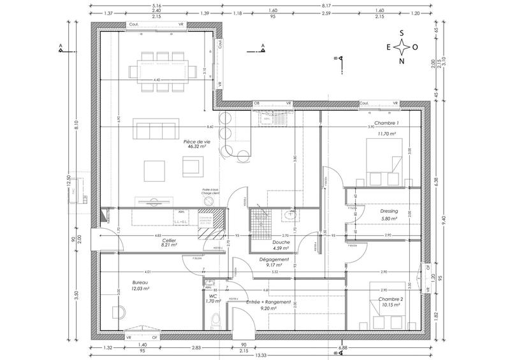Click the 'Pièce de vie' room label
click(196, 141)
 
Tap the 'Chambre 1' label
click(386, 123)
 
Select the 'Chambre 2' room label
click(389, 299)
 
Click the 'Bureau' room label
click(140, 282)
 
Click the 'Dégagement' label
click(275, 260)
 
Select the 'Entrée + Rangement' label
click(270, 302)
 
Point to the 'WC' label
click(213, 296)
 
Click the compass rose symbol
click(401, 47)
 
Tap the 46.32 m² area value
click(196, 147)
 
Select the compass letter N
click(401, 61)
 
